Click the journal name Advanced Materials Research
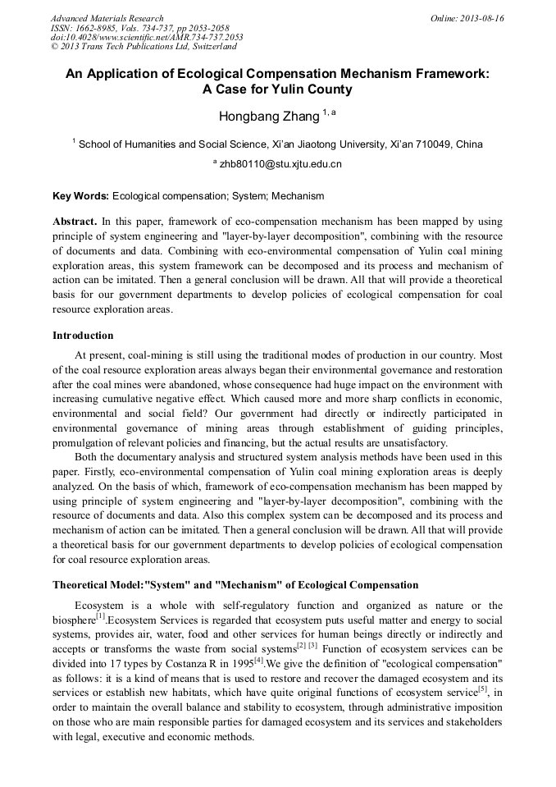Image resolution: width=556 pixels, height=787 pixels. (x=107, y=18)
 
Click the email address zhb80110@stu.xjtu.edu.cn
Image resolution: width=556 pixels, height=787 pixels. (x=280, y=164)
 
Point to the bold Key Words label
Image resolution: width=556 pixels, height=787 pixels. (x=80, y=196)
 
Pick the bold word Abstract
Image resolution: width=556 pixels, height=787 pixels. (x=75, y=222)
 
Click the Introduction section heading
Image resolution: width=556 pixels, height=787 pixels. (x=83, y=336)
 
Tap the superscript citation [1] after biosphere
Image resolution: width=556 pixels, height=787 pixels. (x=100, y=616)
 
